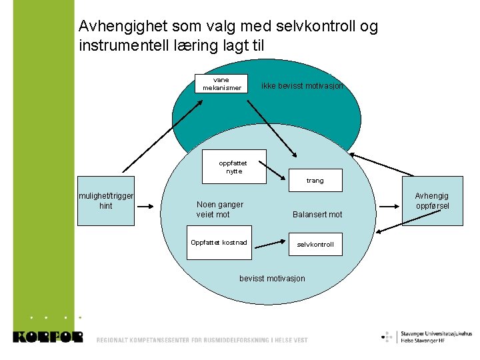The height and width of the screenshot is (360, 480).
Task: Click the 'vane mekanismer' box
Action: pyautogui.click(x=222, y=83)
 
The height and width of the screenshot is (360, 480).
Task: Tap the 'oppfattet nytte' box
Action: pyautogui.click(x=233, y=167)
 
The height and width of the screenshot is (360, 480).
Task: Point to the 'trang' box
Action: pyautogui.click(x=315, y=180)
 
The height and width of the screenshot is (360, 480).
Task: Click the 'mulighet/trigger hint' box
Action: pyautogui.click(x=106, y=201)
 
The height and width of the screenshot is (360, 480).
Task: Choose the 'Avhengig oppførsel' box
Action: pyautogui.click(x=432, y=201)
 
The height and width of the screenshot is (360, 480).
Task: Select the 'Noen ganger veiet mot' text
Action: pyautogui.click(x=220, y=209)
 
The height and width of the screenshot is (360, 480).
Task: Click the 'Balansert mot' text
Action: pyautogui.click(x=317, y=215)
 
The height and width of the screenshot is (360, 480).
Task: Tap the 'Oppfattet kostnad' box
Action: pyautogui.click(x=219, y=242)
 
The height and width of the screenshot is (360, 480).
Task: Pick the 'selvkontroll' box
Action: pyautogui.click(x=315, y=245)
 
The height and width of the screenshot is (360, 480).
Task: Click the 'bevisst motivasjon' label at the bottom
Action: pyautogui.click(x=272, y=278)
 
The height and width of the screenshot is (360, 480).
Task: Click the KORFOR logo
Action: pyautogui.click(x=47, y=337)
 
